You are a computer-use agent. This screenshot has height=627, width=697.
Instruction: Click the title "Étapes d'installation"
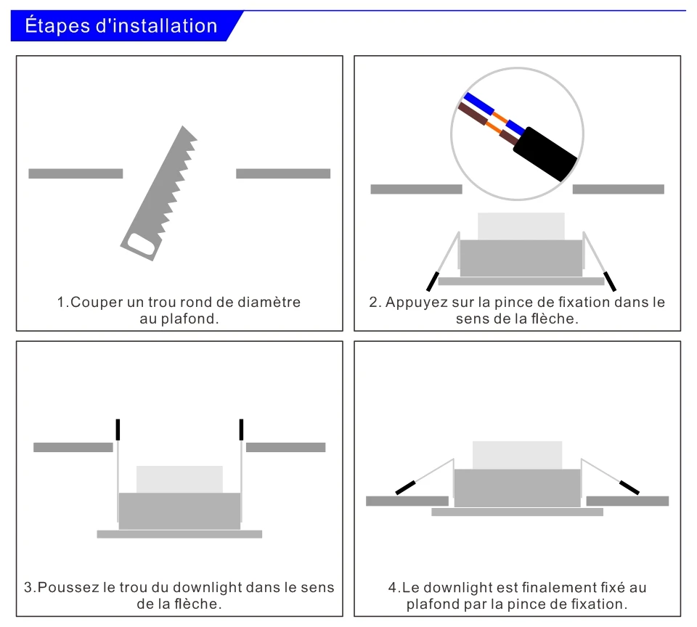point(121,27)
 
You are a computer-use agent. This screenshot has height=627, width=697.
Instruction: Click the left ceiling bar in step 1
point(76,173)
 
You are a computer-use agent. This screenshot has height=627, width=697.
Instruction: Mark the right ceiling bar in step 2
point(618,189)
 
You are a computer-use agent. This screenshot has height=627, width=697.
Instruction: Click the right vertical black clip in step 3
point(241,429)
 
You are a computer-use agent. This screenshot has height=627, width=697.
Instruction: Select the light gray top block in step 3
point(179,479)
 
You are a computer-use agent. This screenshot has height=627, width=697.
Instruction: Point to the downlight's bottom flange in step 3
point(179,534)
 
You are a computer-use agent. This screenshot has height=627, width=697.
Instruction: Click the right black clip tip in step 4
point(629,487)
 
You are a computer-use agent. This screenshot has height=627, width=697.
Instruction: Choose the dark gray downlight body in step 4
point(517,488)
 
